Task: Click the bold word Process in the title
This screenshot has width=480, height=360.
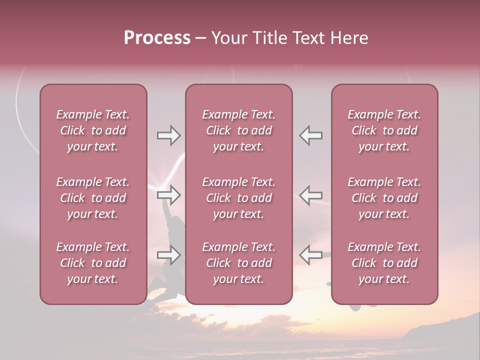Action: click(157, 38)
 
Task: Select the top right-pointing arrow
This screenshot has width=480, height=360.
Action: click(168, 135)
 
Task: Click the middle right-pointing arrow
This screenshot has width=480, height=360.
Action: click(168, 195)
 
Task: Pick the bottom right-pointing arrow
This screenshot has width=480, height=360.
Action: click(168, 255)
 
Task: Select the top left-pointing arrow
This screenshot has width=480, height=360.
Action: click(311, 135)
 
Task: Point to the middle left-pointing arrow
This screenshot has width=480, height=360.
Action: click(311, 195)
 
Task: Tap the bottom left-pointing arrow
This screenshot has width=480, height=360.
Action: click(311, 255)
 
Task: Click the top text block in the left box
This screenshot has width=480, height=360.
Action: click(93, 130)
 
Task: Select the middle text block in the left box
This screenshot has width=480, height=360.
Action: click(93, 198)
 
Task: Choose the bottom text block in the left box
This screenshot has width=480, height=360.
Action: click(93, 263)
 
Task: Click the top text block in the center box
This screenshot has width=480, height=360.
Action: click(238, 130)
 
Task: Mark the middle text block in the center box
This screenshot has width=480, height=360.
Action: click(238, 198)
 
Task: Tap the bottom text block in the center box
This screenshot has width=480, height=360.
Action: click(238, 263)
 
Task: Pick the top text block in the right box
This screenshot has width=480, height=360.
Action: click(384, 130)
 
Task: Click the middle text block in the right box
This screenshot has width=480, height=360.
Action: click(384, 198)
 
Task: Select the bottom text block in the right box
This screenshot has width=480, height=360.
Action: click(384, 263)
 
